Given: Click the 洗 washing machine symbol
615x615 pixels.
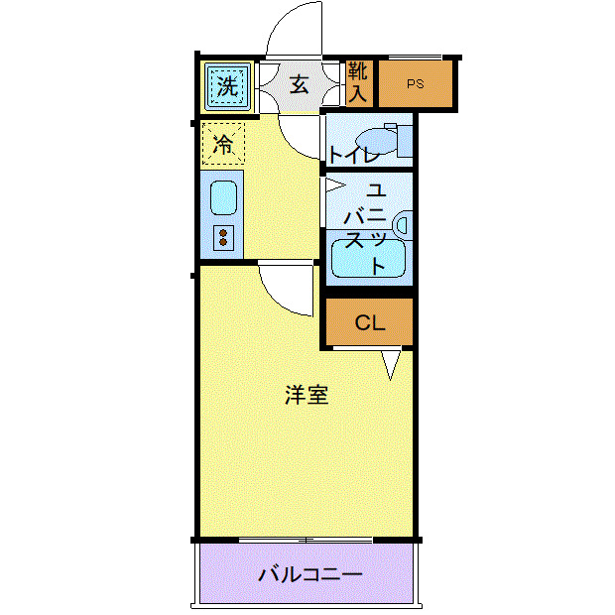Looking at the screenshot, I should coord(227,85).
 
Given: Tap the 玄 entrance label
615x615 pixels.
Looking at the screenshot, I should coord(299,84).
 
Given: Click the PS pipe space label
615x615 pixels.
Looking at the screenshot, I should coord(415,84).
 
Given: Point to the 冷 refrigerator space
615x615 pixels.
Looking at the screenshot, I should coord(223,145).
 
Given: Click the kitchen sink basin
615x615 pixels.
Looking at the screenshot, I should coord(223,197).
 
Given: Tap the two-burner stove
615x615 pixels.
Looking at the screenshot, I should coord(223,238).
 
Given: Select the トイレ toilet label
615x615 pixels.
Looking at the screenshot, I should coord(354,154).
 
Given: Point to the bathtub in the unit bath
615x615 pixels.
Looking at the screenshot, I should coord(368,260).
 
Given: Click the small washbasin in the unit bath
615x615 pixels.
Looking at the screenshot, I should coord(402,224).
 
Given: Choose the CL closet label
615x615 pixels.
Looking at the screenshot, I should coord(369,322).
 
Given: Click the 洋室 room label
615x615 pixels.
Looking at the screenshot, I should coord(307,395).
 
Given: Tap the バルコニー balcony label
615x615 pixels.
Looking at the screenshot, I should coord(310,573).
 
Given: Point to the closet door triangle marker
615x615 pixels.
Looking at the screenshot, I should coord(392,364).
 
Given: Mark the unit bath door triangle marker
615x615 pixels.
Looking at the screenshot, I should coord(333,185).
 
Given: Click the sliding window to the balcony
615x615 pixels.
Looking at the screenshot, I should coord(307,540).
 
